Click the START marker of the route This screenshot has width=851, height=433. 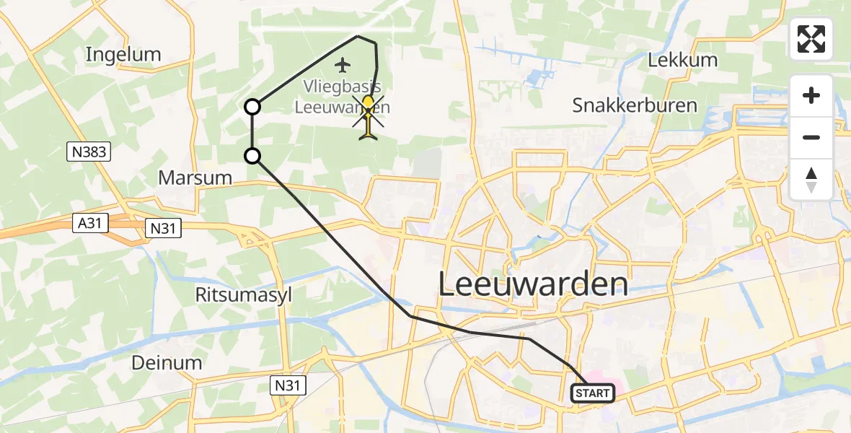point(593,393)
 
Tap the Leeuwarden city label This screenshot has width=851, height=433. point(533,285)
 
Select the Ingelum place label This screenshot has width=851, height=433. point(123,54)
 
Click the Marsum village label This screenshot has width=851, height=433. point(195,178)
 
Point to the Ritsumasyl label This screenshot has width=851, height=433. point(243,294)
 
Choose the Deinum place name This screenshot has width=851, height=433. point(167,362)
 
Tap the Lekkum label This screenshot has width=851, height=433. point(682,60)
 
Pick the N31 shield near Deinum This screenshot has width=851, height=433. point(288,385)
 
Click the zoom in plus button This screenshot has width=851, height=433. point(811,95)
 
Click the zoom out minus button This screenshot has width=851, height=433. point(811,137)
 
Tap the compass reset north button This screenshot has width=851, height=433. point(811,180)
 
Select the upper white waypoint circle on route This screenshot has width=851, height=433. point(252,107)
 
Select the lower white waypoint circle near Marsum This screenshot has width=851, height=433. point(252,155)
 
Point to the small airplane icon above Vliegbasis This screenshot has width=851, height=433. point(343,66)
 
